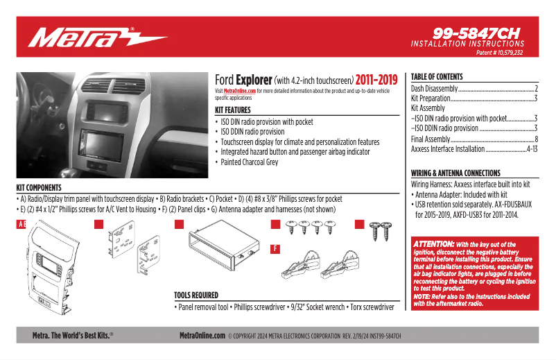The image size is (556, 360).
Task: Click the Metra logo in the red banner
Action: [97, 36]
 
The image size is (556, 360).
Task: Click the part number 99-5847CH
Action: [477, 33]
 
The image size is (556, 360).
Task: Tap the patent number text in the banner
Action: [499, 53]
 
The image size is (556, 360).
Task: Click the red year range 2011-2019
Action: [377, 80]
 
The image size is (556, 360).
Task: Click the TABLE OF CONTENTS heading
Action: [437, 77]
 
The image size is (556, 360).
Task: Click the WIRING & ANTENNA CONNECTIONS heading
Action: [455, 173]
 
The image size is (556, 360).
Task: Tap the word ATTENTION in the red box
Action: [434, 244]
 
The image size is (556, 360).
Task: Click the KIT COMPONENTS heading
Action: [39, 188]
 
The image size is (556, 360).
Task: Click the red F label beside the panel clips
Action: [275, 248]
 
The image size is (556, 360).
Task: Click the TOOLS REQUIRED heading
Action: [196, 295]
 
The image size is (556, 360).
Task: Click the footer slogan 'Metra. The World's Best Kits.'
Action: [73, 335]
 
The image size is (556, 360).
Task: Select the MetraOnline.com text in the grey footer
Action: [202, 335]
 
